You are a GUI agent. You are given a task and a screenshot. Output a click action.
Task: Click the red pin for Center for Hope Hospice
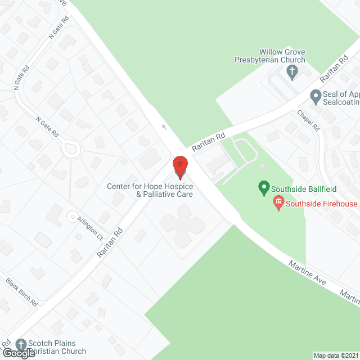coord(180,166)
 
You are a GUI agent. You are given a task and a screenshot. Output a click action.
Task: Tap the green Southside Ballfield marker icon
coord(263,188)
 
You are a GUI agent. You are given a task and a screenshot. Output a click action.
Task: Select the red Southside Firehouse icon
coord(278,202)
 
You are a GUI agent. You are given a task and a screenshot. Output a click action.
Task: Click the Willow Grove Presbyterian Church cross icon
coord(291,71)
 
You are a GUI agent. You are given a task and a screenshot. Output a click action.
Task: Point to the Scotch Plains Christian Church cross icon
coord(21,343)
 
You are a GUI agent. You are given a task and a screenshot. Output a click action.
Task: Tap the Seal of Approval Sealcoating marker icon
coord(315,96)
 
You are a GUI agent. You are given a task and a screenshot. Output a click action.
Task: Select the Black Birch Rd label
coord(22,292)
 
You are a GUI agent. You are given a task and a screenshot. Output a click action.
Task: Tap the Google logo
coord(19,353)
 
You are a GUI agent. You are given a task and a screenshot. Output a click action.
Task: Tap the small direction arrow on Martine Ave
coord(164,127)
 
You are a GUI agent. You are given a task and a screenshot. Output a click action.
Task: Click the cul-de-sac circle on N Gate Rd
coord(71,150)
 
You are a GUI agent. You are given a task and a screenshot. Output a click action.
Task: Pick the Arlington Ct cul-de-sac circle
coord(71,216)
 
